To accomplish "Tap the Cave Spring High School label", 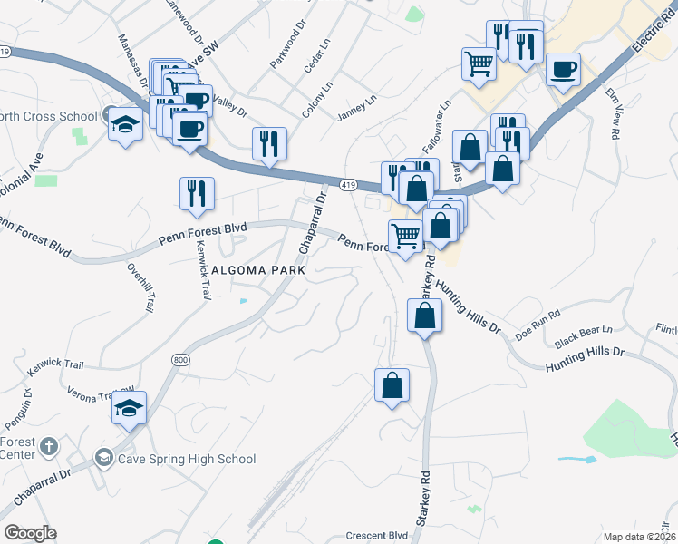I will point(186,459).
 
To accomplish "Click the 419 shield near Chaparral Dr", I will point(348,185).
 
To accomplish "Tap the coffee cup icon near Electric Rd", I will point(563,70).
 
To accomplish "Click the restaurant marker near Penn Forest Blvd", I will point(196,192).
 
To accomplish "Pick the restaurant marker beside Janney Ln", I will point(269,143).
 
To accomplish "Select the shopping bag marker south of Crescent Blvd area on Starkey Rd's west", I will point(392,384).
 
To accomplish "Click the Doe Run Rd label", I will point(538,329).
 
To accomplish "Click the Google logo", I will point(30,533).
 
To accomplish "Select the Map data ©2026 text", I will point(639,537).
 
